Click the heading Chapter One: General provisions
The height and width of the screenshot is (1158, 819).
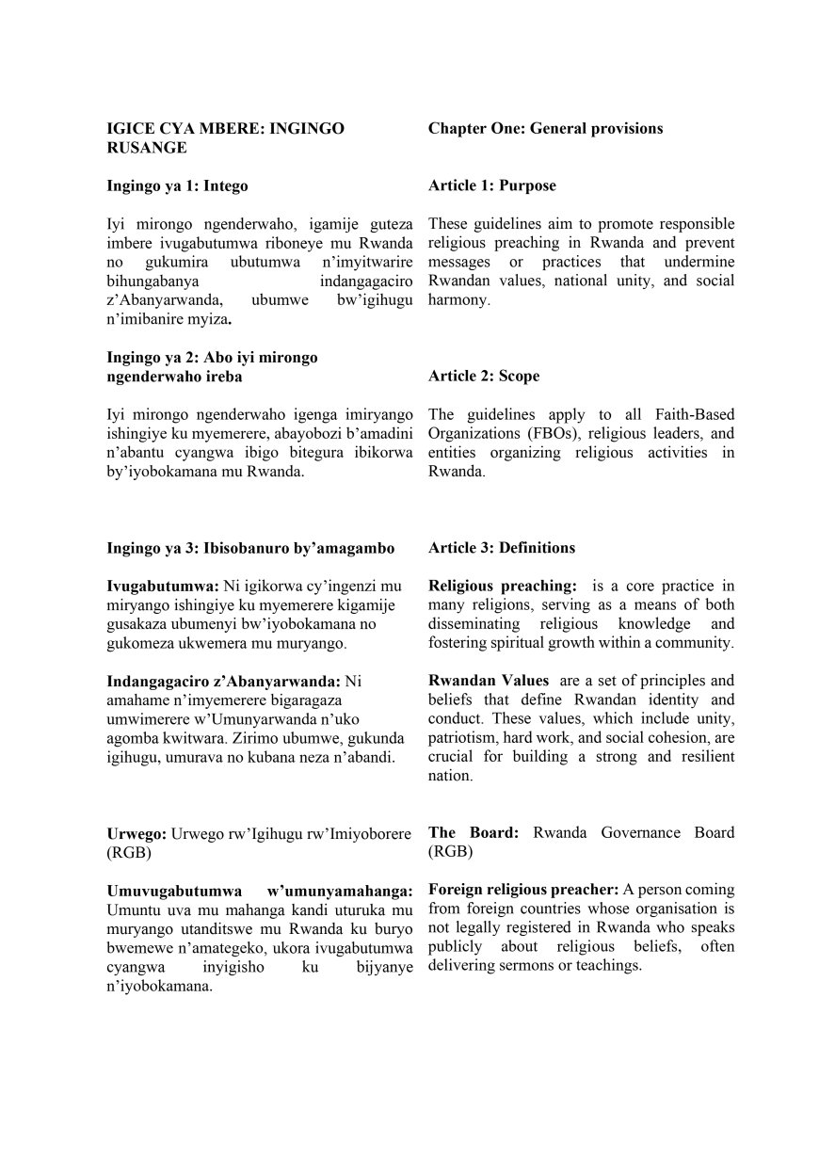tap(545, 128)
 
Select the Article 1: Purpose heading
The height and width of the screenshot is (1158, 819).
tap(491, 185)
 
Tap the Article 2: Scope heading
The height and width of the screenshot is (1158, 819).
tap(484, 376)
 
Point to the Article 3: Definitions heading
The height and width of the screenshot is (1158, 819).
tap(501, 547)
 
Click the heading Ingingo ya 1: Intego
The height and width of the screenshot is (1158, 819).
tap(177, 185)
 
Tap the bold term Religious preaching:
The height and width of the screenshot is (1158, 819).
tap(502, 586)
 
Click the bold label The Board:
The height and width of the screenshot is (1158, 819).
tap(476, 832)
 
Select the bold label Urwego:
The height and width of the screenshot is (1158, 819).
tap(136, 832)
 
